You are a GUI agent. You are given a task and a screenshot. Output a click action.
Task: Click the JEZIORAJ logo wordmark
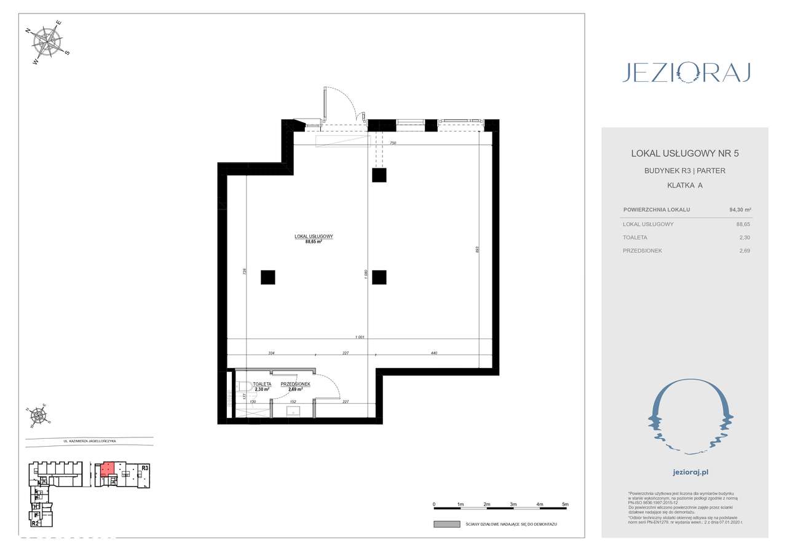685,72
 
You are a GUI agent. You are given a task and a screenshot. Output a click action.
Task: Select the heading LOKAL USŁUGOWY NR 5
684,153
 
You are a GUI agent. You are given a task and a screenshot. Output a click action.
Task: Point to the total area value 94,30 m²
740,209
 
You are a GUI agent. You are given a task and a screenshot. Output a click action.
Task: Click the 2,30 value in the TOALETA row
745,237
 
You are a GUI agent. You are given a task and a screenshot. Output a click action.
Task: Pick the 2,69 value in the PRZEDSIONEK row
745,251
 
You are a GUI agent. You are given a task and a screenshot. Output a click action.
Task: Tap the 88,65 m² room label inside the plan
314,242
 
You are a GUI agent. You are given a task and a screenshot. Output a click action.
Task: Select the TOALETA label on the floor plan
262,384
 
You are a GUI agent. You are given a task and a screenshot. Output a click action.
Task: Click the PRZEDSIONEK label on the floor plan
295,384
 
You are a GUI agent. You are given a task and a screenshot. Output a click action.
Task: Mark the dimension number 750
392,143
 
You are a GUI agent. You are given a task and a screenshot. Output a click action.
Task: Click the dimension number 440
435,353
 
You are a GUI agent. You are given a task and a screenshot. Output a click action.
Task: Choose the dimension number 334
271,353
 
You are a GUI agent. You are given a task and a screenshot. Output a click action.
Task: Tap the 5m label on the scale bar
566,504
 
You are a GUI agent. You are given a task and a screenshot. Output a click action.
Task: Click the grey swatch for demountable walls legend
446,524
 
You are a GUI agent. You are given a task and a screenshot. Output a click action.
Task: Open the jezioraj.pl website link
685,472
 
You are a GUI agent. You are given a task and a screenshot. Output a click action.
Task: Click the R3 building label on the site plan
145,468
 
